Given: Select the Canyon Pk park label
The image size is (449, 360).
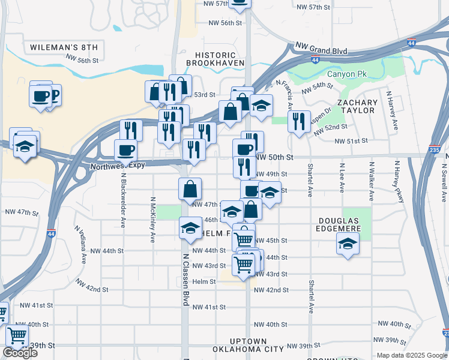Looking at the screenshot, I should click(x=346, y=74).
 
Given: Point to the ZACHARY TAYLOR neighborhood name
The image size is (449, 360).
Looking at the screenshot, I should click(x=358, y=106).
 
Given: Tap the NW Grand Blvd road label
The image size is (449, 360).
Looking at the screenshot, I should click(x=322, y=50).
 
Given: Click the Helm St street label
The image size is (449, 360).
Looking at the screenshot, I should click(x=204, y=281).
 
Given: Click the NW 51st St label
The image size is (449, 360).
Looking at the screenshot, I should click(x=351, y=141).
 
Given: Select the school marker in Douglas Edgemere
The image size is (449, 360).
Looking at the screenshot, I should click(x=348, y=244).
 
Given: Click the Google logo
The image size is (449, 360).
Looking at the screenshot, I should click(x=20, y=353).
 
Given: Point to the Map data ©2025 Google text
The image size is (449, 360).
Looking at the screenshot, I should click(x=412, y=355).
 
